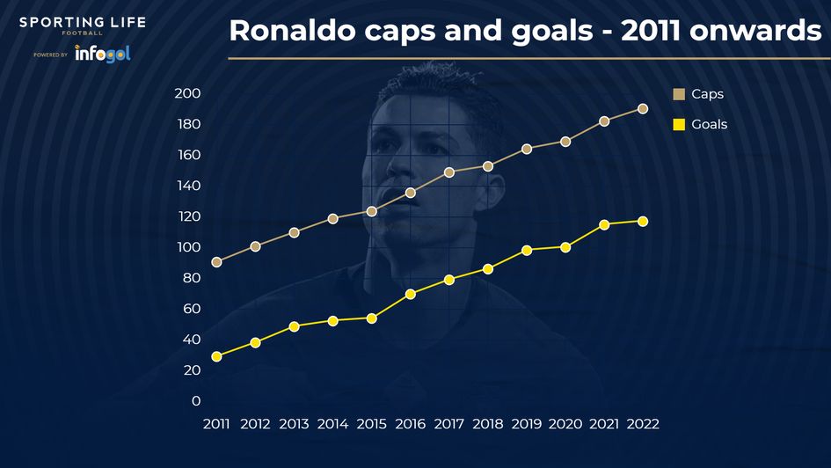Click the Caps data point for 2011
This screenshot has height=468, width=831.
point(216,262)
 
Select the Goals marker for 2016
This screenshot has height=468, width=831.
point(411,294)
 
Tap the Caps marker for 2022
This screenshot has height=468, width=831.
point(643,109)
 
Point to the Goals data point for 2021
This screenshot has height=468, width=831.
point(604,224)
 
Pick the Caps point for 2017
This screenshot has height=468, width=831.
point(449,172)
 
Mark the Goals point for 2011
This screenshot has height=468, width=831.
point(216,356)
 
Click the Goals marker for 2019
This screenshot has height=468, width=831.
point(527,250)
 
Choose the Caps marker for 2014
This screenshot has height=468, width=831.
point(333,218)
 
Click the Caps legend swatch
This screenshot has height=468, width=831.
point(679,94)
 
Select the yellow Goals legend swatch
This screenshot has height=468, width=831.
point(679,125)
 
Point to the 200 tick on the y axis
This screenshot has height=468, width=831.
point(188,94)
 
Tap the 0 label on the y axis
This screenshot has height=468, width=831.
point(195,401)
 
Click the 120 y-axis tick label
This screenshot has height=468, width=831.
point(188,216)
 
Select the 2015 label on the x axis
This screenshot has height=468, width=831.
point(371,424)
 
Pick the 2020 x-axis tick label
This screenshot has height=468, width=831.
point(565,424)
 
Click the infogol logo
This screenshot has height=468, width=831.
point(102,54)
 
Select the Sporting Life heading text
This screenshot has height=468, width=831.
point(83,22)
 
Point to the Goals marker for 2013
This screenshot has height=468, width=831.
point(294,326)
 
